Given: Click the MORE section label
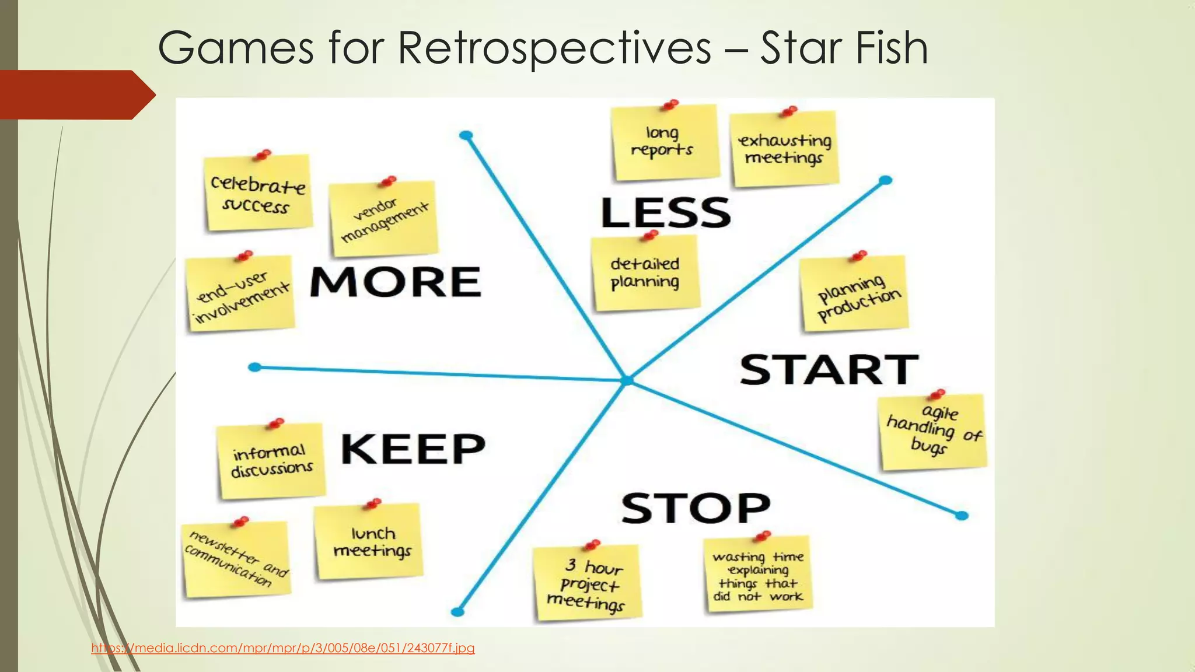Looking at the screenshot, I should [x=396, y=282].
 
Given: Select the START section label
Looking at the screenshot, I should [x=829, y=369].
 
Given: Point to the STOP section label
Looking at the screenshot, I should [x=696, y=508].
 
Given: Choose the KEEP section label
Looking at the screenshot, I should [x=413, y=449].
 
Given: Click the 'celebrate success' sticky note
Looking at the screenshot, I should [x=257, y=194].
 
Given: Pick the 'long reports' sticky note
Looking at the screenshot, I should [x=663, y=142].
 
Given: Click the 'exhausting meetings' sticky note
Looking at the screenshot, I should [x=785, y=149].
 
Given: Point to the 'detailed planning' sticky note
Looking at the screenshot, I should [x=645, y=273].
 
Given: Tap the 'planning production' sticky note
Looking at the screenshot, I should [x=854, y=295].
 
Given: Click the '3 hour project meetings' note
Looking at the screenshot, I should [x=587, y=583].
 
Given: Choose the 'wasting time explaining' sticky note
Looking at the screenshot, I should [x=758, y=575].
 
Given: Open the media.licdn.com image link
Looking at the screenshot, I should [x=283, y=648].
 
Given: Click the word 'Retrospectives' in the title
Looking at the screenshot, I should [x=554, y=48].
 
